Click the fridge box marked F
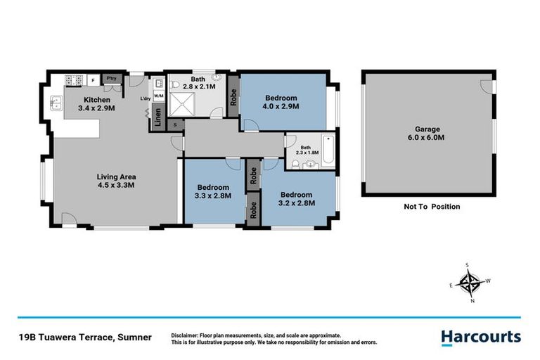pos(92,79)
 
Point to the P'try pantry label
pos(111,78)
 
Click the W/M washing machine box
pos(157,96)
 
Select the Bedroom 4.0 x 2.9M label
pos(281,102)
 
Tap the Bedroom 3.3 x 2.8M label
pos(213,192)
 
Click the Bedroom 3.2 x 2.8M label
pos(297,198)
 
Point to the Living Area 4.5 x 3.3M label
pos(115,181)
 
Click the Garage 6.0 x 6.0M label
pos(427,134)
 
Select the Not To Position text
pos(431,207)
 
